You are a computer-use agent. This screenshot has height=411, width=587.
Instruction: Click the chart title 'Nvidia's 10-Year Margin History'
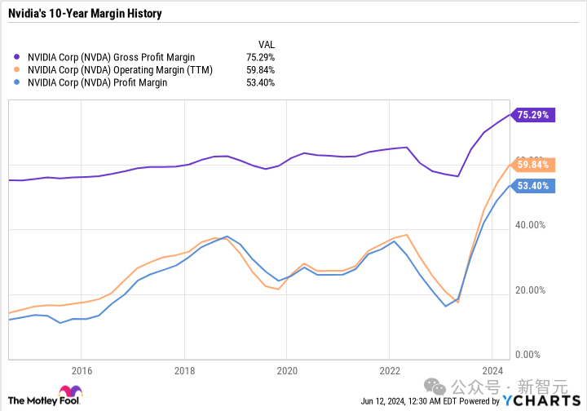(85, 14)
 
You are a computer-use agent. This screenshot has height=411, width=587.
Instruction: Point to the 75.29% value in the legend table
(260, 58)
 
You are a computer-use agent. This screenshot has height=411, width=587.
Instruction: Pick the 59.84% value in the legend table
(260, 70)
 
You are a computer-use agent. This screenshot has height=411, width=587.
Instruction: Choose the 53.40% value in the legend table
(260, 82)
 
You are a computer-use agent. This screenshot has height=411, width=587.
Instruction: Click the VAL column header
(265, 45)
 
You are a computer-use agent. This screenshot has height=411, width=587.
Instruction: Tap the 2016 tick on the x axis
(81, 369)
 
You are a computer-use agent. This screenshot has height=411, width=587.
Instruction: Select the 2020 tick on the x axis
(286, 369)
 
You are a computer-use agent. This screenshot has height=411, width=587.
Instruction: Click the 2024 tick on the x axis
(492, 369)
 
